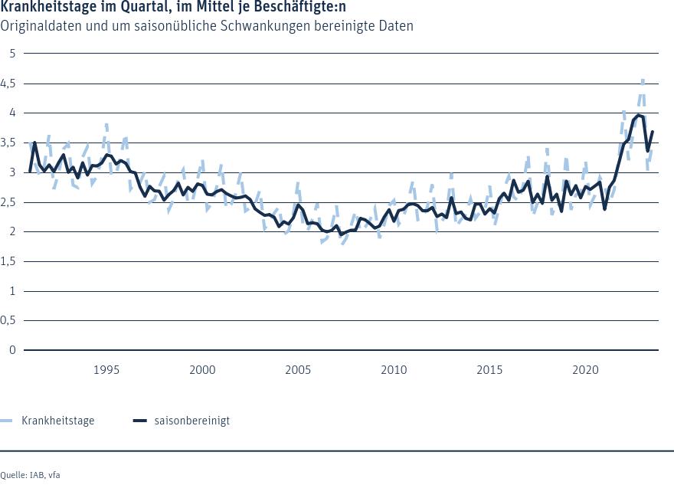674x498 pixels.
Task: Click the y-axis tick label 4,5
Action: pos(10,83)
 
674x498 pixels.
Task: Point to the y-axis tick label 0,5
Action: pos(10,321)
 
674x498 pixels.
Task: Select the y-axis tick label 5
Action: pos(13,53)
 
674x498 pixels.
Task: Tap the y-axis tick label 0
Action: pos(13,351)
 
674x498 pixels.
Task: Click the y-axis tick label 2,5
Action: pos(10,202)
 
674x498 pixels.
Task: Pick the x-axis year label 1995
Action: pos(106,370)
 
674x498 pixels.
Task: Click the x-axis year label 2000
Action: pos(202,370)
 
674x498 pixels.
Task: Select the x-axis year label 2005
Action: pos(298,370)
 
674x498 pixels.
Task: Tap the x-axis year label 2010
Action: pos(394,370)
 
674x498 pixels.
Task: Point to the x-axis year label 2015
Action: pos(490,370)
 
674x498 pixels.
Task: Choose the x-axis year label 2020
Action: pos(586,370)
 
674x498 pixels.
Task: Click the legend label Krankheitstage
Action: pos(58,421)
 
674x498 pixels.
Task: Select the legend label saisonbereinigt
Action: pos(191,421)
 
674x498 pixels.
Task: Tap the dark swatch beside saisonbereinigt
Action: pos(139,421)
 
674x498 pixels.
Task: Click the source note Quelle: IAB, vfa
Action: pos(30,475)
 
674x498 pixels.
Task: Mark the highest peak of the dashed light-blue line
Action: pos(643,80)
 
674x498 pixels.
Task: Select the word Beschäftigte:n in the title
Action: pos(304,8)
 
